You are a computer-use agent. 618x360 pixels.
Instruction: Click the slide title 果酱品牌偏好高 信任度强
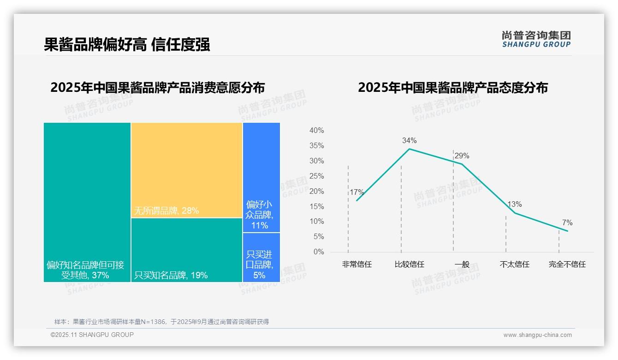tap(127, 45)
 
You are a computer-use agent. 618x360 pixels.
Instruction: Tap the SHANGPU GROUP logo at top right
tap(536, 39)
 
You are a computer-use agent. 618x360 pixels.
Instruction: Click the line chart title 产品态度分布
tap(452, 88)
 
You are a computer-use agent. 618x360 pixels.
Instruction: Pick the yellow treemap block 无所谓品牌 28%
tap(186, 170)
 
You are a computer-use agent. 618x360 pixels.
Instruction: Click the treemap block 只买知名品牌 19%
tap(186, 250)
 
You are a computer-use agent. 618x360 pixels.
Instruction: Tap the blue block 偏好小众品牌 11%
tap(261, 177)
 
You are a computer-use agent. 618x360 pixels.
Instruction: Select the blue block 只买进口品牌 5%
tap(261, 257)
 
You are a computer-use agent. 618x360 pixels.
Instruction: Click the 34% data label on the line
tap(409, 140)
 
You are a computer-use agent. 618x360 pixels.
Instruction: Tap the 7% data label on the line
tap(567, 223)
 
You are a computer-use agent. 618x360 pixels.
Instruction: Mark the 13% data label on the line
tap(515, 204)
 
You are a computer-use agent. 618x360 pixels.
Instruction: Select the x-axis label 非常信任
tap(357, 264)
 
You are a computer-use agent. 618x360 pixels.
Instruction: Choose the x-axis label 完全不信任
tap(567, 264)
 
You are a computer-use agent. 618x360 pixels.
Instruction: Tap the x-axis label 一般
tap(462, 264)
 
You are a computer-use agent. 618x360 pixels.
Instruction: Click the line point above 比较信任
tap(409, 149)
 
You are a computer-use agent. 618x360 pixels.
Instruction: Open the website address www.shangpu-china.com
tap(537, 335)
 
